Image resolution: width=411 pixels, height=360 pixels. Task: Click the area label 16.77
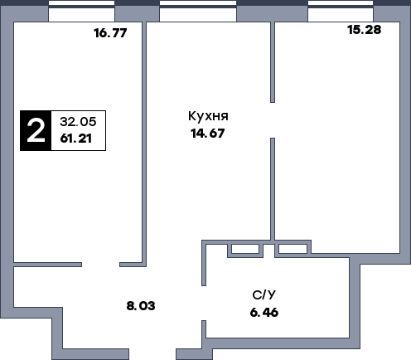tap(115, 34)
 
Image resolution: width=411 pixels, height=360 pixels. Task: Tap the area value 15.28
tap(366, 30)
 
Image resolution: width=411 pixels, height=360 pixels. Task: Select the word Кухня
tap(209, 116)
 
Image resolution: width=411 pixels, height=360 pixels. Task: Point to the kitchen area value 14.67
tap(208, 132)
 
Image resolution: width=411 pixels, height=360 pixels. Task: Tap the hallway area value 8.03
tap(141, 305)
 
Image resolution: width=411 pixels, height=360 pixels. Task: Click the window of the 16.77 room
tap(81, 11)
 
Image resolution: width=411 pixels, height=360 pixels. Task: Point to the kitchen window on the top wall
tap(197, 11)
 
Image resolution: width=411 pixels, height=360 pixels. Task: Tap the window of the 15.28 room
tap(340, 11)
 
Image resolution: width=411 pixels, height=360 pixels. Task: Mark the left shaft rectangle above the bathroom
tap(244, 248)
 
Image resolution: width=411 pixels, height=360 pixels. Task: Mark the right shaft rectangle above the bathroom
tap(291, 248)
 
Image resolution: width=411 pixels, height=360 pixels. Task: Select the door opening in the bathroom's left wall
tap(204, 302)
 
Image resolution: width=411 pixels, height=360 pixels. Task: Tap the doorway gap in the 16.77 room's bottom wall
tap(66, 264)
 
